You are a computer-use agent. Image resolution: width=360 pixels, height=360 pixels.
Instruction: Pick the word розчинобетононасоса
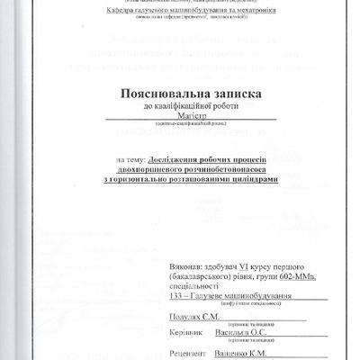pyautogui.click(x=213, y=170)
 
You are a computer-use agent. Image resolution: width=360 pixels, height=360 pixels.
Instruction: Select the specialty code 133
pyautogui.click(x=175, y=297)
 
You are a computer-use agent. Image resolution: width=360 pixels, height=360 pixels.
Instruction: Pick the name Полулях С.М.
pyautogui.click(x=191, y=318)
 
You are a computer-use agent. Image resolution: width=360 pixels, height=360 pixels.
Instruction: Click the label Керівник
pyautogui.click(x=184, y=331)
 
